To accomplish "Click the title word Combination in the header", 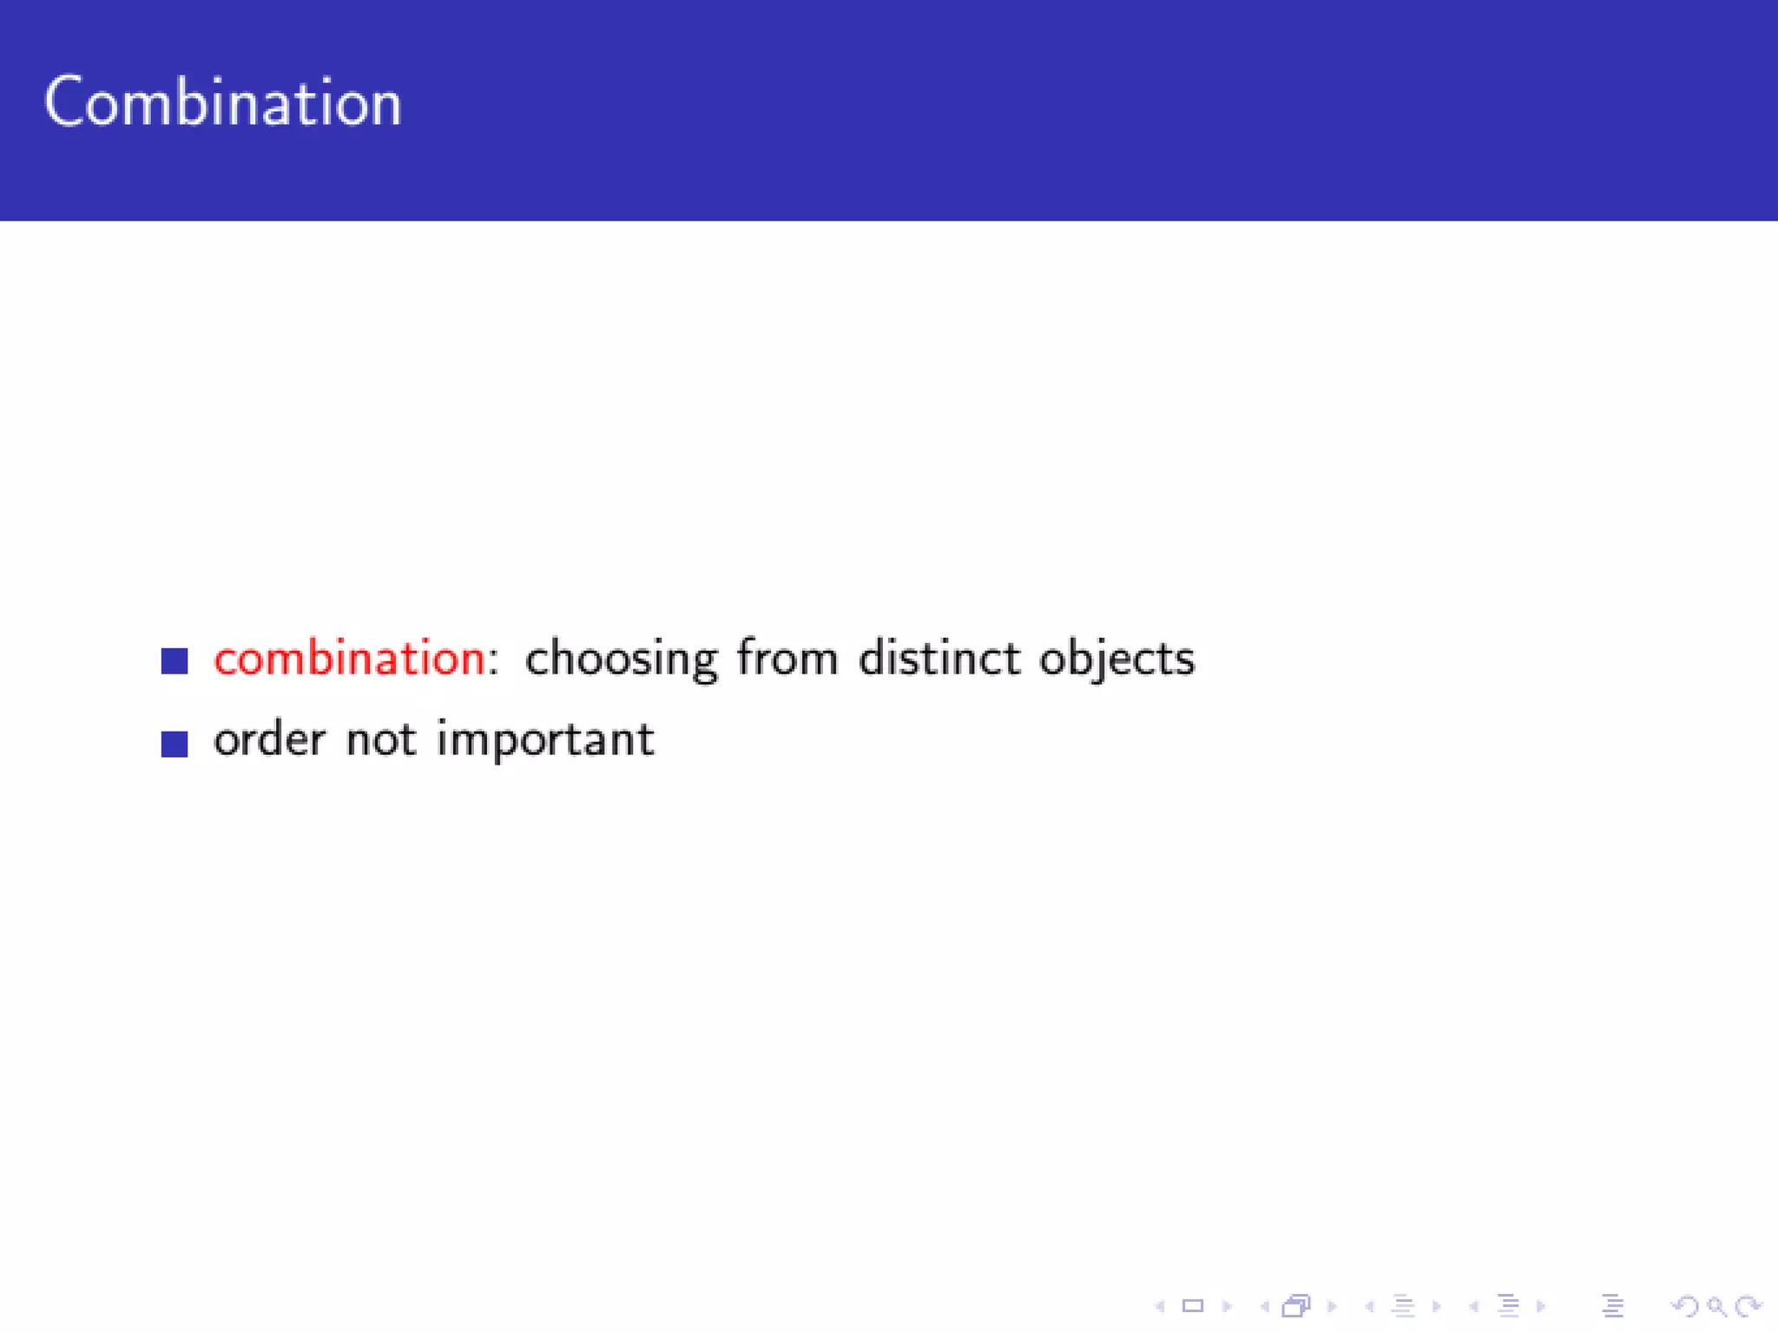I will tap(223, 103).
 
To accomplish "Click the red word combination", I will tap(348, 659).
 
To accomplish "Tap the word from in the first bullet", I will tap(787, 658).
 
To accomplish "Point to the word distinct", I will tap(938, 658).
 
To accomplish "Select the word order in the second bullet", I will tap(269, 740).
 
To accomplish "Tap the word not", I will tap(381, 740).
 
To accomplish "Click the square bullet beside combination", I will tap(175, 661).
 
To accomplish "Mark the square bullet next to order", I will tap(175, 744).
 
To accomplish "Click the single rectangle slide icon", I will tap(1193, 1306).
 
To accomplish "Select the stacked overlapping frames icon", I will tap(1296, 1306).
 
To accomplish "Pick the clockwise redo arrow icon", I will tap(1747, 1306).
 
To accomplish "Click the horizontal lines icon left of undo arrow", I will tap(1612, 1306).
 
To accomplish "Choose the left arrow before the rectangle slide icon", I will tap(1160, 1306).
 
